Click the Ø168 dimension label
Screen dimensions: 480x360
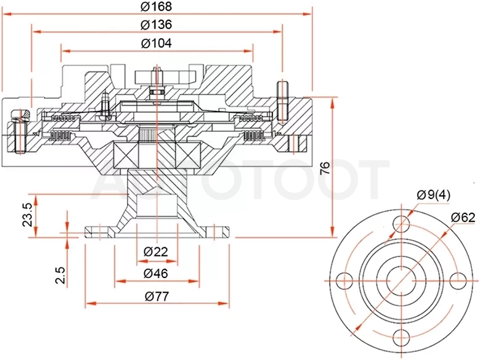[x=156, y=6]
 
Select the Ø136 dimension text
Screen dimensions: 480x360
[x=156, y=25]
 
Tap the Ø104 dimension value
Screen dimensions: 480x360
[x=156, y=43]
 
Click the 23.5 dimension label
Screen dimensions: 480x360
[x=28, y=215]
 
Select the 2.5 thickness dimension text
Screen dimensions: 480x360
[x=60, y=275]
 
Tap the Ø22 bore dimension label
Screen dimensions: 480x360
[x=156, y=252]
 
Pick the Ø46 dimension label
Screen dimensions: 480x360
[x=156, y=274]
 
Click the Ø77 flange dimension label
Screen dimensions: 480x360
[x=157, y=297]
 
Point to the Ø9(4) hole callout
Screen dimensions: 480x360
[x=433, y=195]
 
